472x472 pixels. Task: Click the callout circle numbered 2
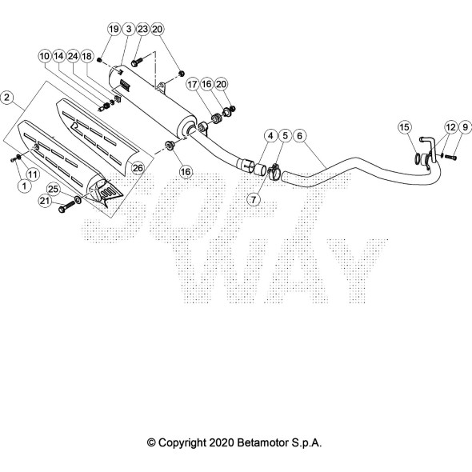click(7, 98)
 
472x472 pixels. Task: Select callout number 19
click(114, 29)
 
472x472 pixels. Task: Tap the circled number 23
click(142, 29)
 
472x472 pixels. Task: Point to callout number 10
click(45, 56)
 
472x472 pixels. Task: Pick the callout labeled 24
click(73, 56)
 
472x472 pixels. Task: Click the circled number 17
click(192, 84)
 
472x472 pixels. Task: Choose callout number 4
click(270, 136)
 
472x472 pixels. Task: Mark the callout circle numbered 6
click(299, 136)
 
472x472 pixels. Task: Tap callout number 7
click(254, 199)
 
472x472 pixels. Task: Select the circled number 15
click(405, 127)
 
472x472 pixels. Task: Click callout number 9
click(465, 127)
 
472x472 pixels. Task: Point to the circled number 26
click(138, 168)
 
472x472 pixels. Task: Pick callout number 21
click(45, 201)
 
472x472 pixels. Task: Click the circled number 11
click(33, 174)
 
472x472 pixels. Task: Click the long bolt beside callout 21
click(67, 206)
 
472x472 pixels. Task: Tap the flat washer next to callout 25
click(78, 199)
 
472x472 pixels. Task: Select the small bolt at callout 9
click(450, 157)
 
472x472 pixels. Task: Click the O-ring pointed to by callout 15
click(417, 159)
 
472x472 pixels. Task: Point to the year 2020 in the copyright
click(222, 442)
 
